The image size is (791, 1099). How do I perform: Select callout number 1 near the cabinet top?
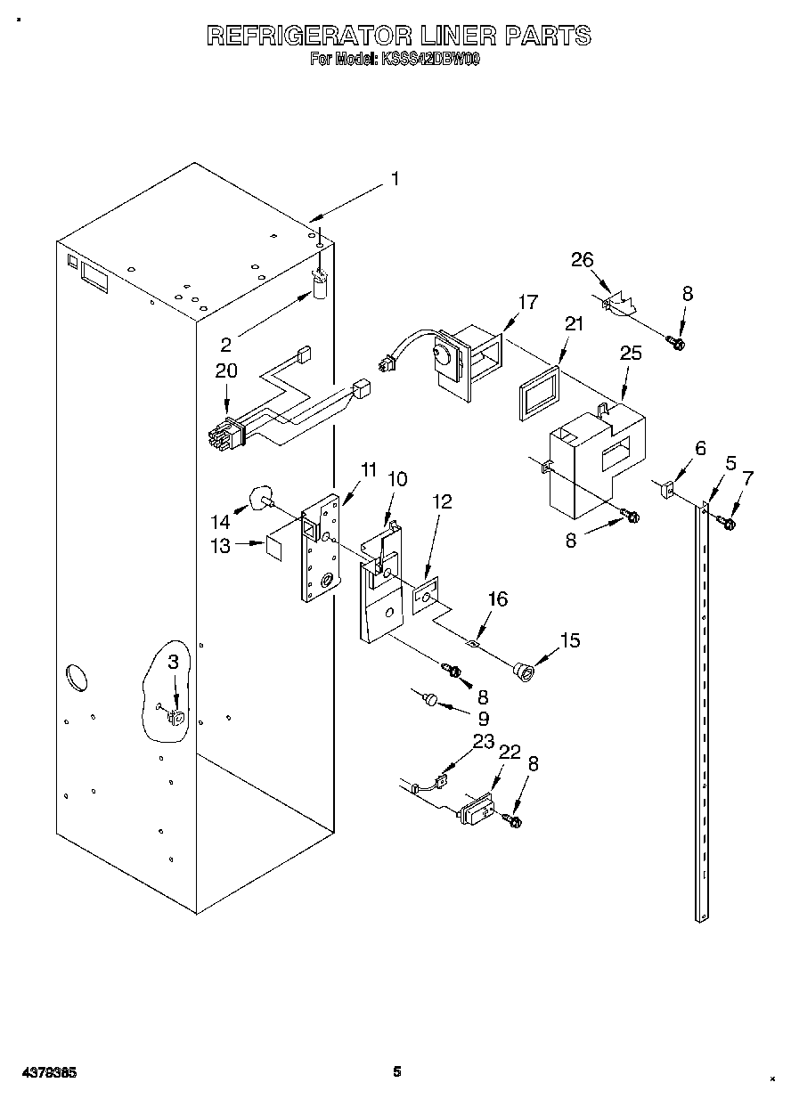click(x=394, y=179)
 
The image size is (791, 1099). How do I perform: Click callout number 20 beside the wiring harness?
click(x=226, y=370)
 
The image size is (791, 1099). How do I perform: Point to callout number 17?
click(x=527, y=302)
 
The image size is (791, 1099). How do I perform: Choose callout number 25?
click(x=630, y=354)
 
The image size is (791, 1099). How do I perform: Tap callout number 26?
click(x=582, y=259)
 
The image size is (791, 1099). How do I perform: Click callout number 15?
click(x=569, y=639)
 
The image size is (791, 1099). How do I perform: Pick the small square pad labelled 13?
click(x=276, y=546)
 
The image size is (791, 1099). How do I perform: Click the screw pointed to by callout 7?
click(x=724, y=523)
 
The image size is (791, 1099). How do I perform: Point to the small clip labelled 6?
click(x=668, y=488)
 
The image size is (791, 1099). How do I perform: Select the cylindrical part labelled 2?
click(x=320, y=285)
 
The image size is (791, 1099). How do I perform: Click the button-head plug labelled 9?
click(x=430, y=701)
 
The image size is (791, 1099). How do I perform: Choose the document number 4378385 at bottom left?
click(x=49, y=1072)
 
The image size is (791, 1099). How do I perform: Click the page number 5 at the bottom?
click(x=398, y=1072)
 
